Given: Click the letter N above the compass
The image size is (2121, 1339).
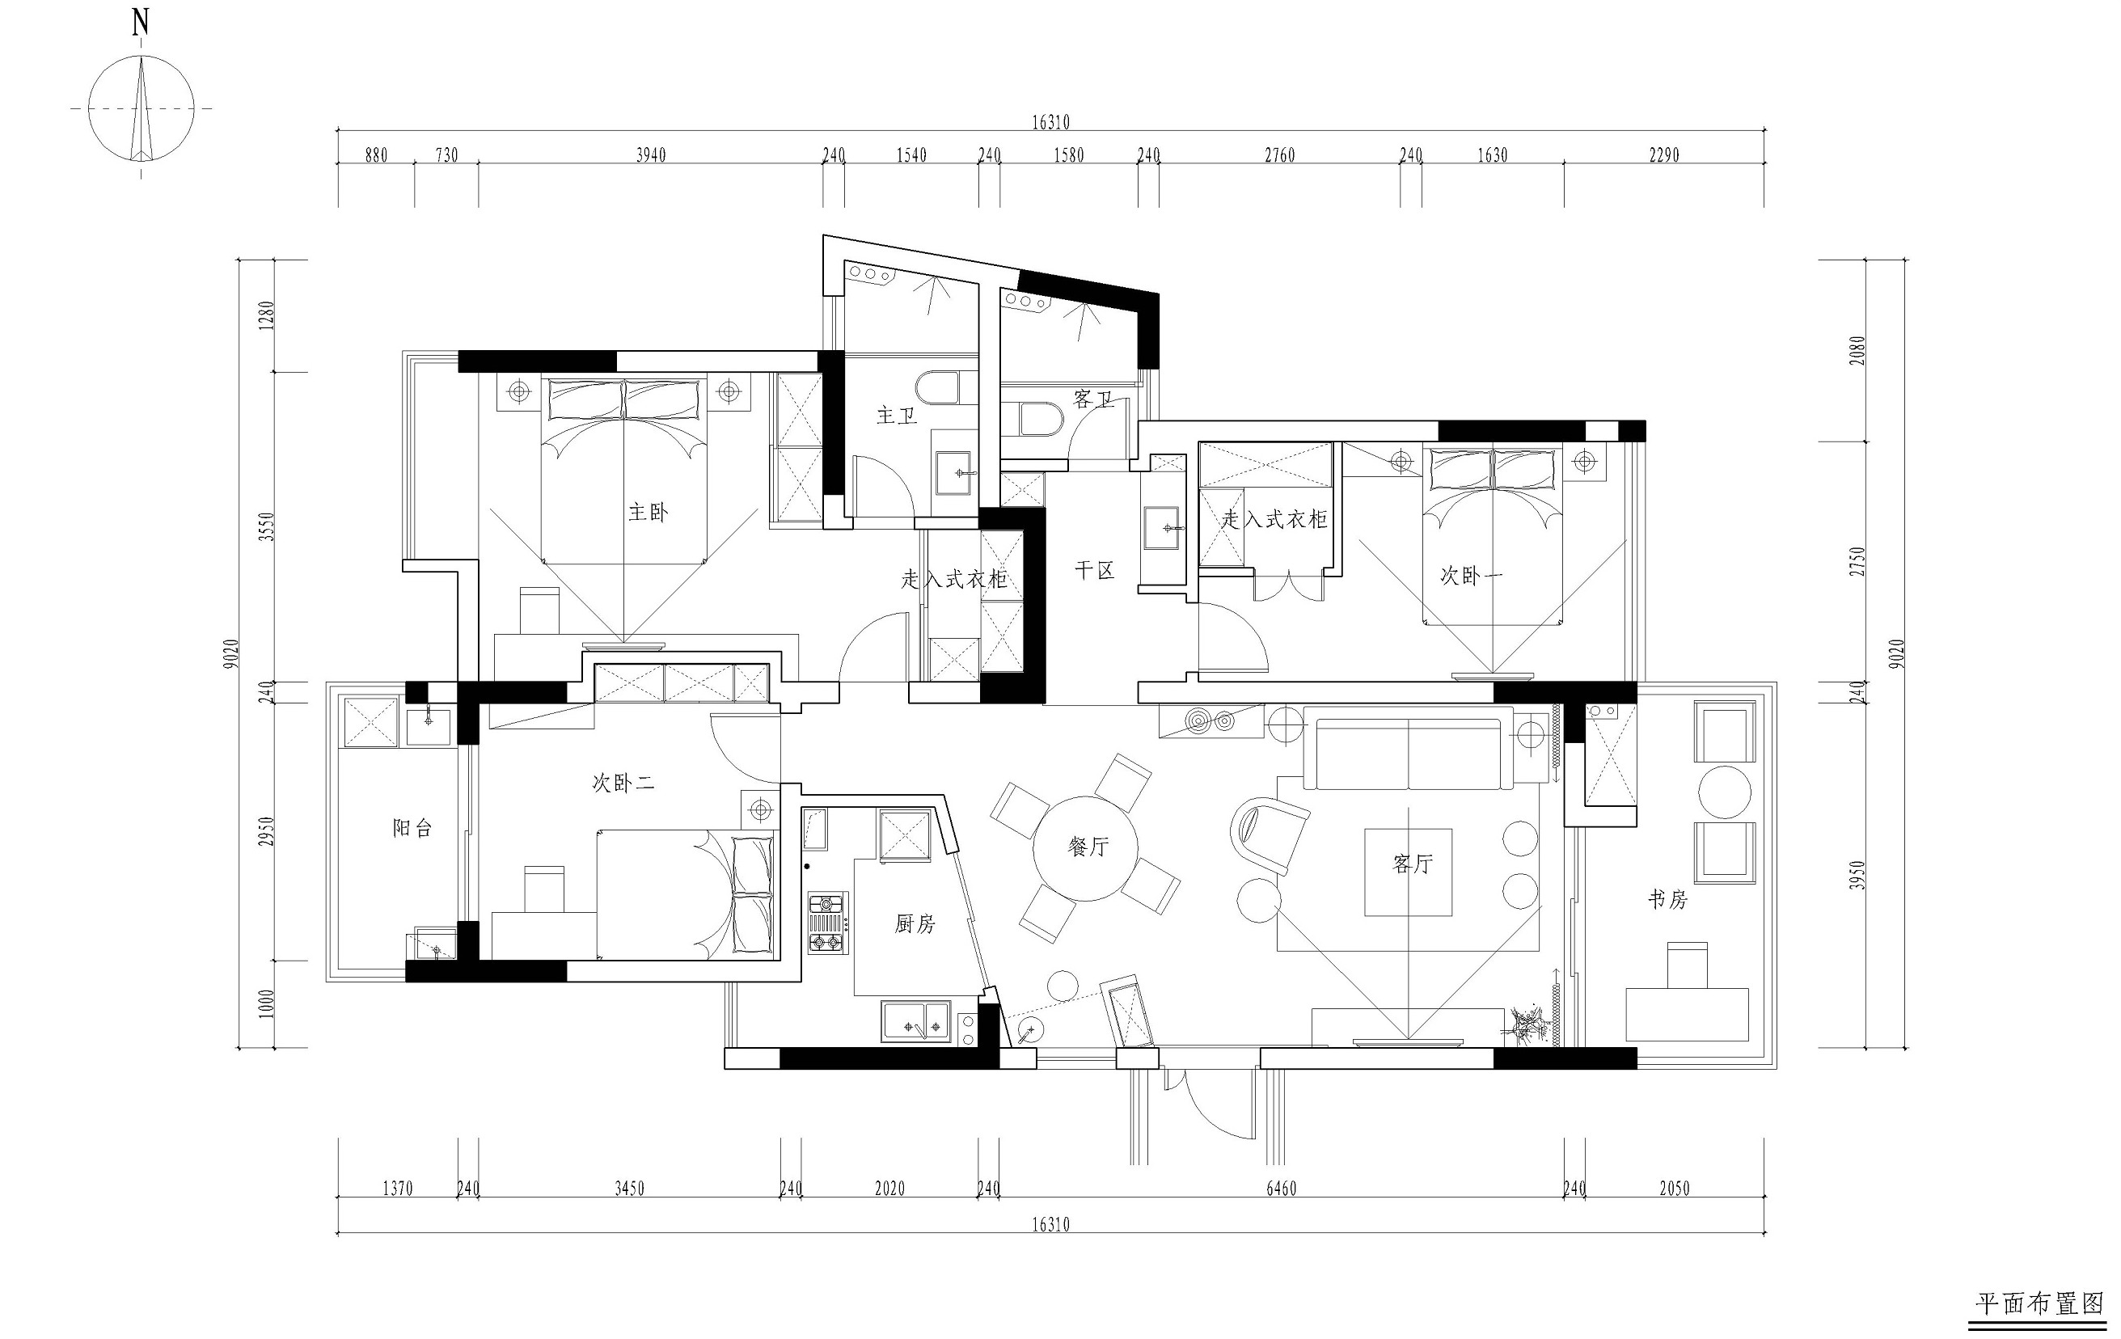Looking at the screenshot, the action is (x=140, y=23).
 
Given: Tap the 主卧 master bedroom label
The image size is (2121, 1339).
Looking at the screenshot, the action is (x=649, y=512).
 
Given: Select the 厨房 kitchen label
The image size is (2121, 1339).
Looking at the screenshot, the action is (x=915, y=923).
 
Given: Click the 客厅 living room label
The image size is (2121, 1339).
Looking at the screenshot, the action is (x=1413, y=864).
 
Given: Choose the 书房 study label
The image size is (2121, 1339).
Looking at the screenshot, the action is (x=1667, y=899).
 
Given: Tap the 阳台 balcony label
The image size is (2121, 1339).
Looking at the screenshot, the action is (x=412, y=828).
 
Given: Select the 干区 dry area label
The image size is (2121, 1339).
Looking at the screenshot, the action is (x=1095, y=571).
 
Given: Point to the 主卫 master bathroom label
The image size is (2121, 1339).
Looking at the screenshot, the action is (x=898, y=415).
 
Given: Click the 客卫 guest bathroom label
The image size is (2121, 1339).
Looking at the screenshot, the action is (x=1094, y=399).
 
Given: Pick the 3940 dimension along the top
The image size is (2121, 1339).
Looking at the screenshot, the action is (x=651, y=155).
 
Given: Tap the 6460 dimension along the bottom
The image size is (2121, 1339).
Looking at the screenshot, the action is (x=1282, y=1189).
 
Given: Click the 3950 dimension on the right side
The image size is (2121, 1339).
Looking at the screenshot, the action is (x=1857, y=876).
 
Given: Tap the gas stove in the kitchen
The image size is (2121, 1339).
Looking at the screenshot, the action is (x=828, y=923).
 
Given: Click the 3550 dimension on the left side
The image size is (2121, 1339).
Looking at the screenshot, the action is (x=267, y=527).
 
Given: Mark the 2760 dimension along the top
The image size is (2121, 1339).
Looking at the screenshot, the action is (x=1280, y=155).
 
